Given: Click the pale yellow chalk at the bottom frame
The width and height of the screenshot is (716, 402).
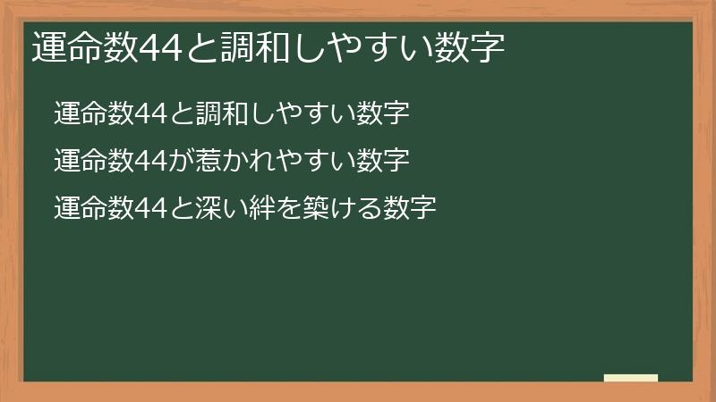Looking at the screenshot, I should [631, 378].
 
